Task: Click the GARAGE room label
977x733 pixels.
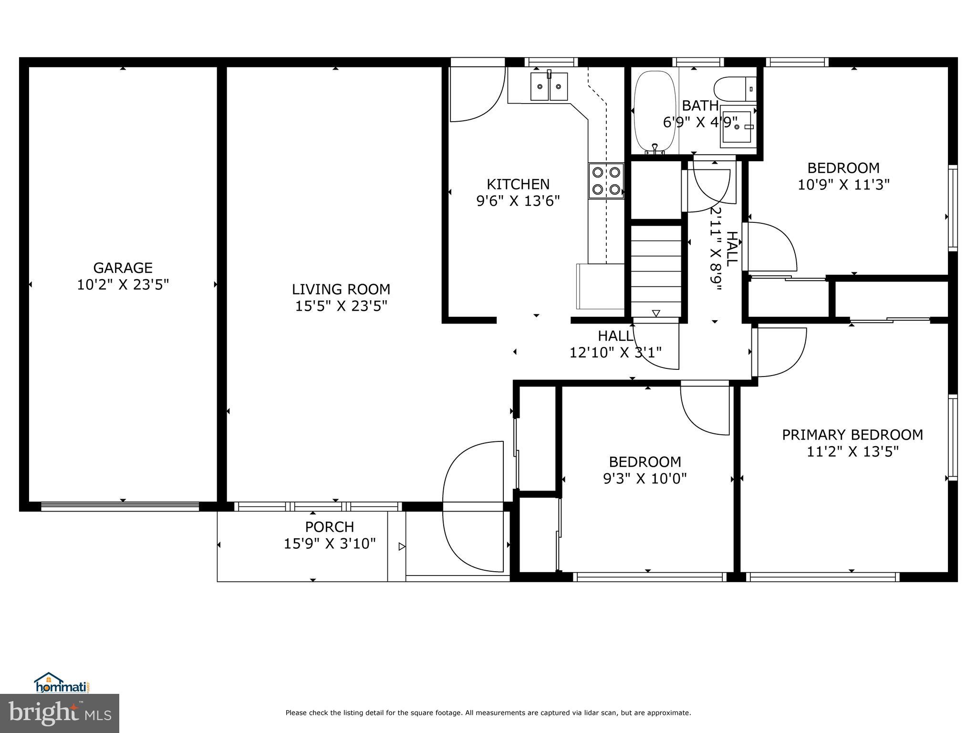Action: point(123,268)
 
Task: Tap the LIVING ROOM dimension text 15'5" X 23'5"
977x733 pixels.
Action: point(341,306)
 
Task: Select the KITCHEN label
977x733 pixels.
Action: point(518,184)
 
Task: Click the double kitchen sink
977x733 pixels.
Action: point(550,86)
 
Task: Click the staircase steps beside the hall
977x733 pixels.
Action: point(656,270)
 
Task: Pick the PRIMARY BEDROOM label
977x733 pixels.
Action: point(852,435)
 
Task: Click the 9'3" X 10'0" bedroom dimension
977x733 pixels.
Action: point(645,479)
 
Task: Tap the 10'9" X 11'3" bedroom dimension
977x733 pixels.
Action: point(843,185)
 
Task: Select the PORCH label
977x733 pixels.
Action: point(329,527)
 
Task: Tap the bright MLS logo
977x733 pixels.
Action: point(60,713)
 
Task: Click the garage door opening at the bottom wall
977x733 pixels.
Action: point(120,507)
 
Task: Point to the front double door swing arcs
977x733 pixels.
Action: point(472,506)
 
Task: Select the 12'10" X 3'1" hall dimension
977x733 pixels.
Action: point(615,353)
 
